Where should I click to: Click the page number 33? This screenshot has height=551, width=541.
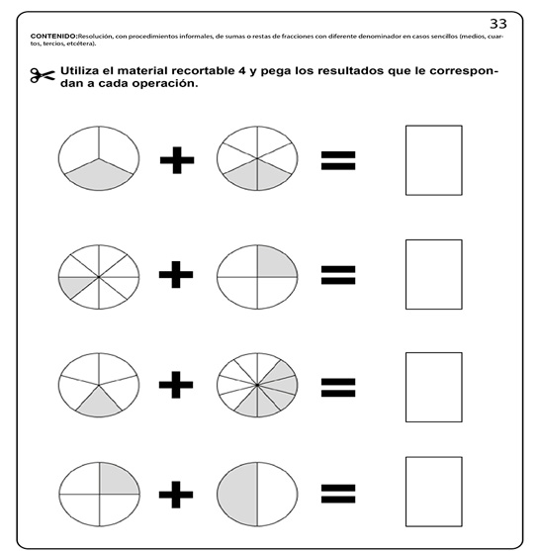click(x=498, y=21)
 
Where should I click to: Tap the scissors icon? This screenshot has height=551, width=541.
click(x=41, y=77)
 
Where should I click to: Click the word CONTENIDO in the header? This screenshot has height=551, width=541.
click(x=53, y=35)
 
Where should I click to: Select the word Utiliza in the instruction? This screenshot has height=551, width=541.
click(x=85, y=72)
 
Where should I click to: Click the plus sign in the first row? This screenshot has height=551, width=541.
click(x=176, y=160)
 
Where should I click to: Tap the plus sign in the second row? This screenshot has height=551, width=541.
click(x=176, y=274)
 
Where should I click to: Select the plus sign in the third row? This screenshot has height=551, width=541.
click(x=176, y=386)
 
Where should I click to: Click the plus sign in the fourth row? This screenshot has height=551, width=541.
click(x=176, y=492)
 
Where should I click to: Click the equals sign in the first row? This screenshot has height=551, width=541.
click(x=337, y=160)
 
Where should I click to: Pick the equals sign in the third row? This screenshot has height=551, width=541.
click(x=337, y=386)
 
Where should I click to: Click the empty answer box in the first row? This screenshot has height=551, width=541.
click(x=433, y=160)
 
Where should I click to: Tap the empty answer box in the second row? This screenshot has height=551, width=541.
click(x=433, y=274)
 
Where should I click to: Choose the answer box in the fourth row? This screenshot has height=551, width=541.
click(x=433, y=492)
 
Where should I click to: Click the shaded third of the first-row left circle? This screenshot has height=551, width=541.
click(x=99, y=177)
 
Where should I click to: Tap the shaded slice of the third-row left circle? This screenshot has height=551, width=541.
click(x=99, y=404)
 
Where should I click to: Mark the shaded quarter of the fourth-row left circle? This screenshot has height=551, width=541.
click(x=119, y=478)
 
